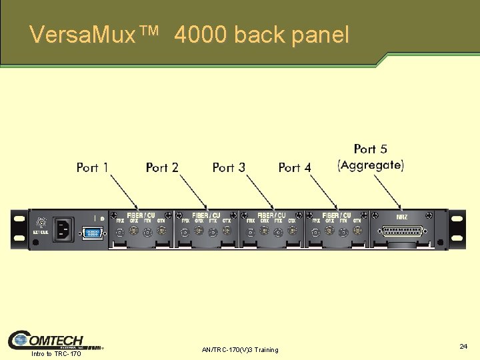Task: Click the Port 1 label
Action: tap(92, 167)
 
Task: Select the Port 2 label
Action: tap(162, 167)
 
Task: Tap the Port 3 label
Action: tap(229, 167)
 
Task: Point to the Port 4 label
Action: tap(295, 167)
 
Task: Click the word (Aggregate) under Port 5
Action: tap(371, 165)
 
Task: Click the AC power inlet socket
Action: tap(65, 229)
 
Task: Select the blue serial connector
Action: tap(93, 232)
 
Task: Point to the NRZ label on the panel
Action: tap(402, 217)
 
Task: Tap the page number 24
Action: tap(463, 347)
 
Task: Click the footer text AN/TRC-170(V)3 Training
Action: tap(239, 350)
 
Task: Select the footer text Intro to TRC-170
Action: tap(56, 353)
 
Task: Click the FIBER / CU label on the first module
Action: tap(141, 215)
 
